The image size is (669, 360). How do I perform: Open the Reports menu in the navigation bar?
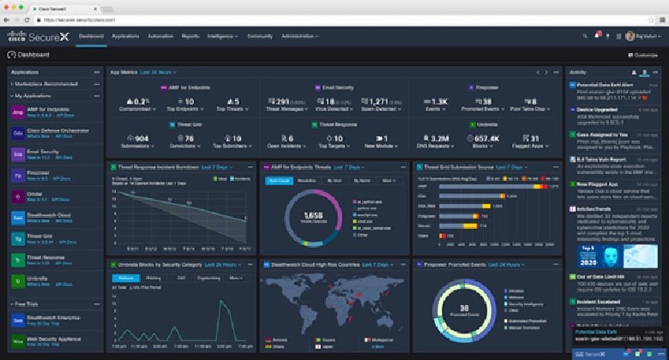pos(192,36)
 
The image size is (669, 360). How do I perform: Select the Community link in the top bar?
pos(259,36)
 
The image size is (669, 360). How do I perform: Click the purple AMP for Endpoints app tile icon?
pos(17,112)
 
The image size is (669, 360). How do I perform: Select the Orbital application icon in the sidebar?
pos(17,195)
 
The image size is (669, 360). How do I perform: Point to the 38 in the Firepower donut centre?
pos(464,306)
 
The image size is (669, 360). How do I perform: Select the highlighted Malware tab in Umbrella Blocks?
pos(126,278)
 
